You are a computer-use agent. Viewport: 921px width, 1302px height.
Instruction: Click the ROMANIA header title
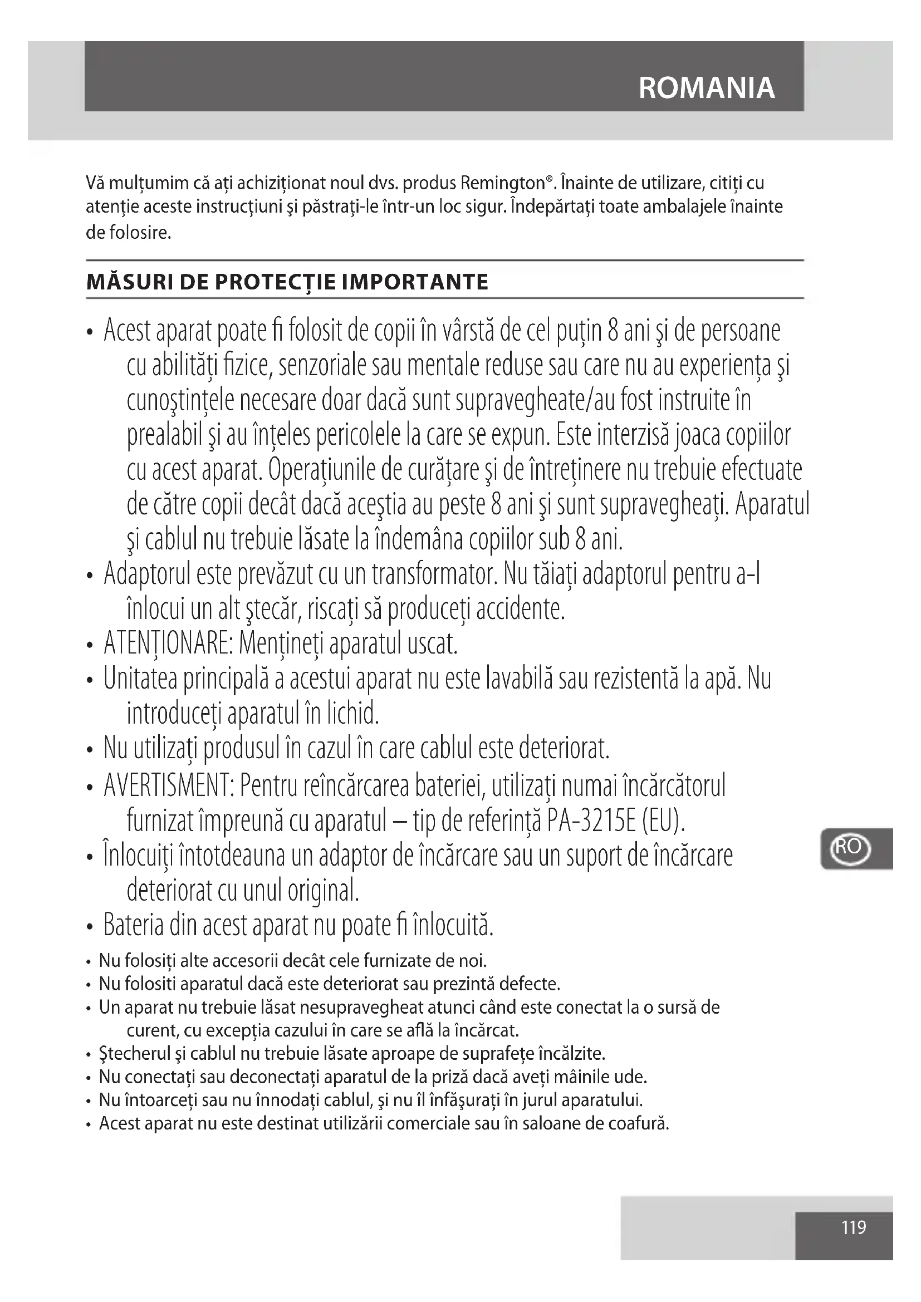click(x=706, y=88)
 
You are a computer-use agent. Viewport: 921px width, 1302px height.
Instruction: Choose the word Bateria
click(x=133, y=926)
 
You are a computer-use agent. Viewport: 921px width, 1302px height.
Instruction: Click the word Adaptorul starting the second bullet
click(x=147, y=574)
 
